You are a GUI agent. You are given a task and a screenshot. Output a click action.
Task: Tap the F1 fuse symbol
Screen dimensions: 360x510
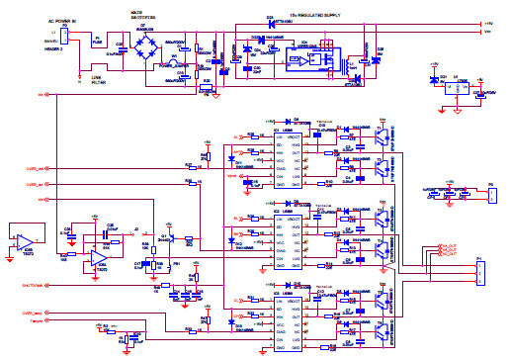(98, 39)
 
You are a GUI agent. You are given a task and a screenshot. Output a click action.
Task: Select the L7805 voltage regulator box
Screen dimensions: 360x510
(451, 86)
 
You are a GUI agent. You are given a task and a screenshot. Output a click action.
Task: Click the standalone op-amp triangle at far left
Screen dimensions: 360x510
(28, 241)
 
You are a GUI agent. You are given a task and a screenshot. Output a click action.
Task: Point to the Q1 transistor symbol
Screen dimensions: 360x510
(379, 141)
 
